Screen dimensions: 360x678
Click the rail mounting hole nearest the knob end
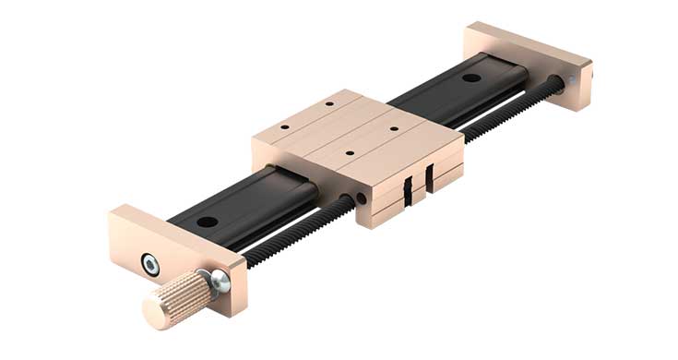coord(206,222)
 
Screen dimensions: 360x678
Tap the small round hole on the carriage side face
coord(361,198)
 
